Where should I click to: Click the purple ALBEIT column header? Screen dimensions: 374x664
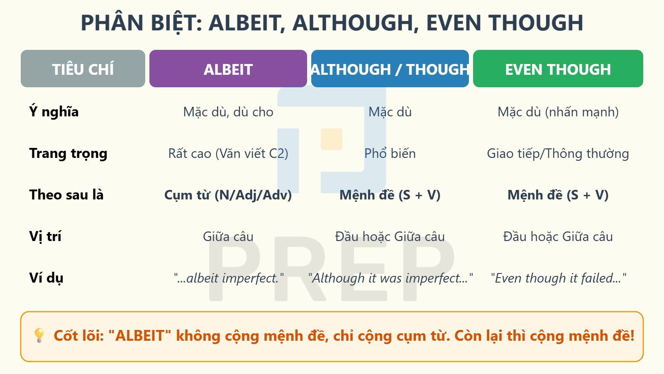click(x=228, y=69)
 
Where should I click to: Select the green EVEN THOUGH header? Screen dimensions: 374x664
click(x=558, y=69)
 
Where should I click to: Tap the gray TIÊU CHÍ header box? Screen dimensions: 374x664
click(x=83, y=69)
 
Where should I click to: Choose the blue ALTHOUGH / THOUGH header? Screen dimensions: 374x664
click(x=390, y=69)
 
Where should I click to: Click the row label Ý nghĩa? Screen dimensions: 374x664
click(x=54, y=112)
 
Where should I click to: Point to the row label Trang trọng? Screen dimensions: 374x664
click(x=68, y=153)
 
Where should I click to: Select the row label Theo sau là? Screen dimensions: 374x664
click(x=66, y=195)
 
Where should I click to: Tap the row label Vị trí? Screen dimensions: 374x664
click(x=45, y=236)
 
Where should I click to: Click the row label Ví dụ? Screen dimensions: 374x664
click(x=46, y=278)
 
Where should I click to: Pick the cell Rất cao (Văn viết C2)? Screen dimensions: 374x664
click(x=228, y=153)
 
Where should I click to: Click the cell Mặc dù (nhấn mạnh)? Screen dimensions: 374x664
click(x=558, y=112)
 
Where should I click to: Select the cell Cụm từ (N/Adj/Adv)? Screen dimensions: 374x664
click(x=228, y=195)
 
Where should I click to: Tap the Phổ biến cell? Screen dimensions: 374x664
click(x=390, y=153)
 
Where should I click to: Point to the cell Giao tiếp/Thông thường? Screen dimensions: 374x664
click(x=558, y=153)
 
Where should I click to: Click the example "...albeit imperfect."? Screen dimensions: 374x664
click(x=229, y=278)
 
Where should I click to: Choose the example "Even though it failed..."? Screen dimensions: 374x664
click(x=558, y=278)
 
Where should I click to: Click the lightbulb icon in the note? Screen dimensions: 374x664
click(x=39, y=335)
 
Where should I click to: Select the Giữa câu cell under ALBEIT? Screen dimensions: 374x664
click(x=228, y=236)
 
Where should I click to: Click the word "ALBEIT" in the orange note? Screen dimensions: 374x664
click(x=139, y=336)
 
